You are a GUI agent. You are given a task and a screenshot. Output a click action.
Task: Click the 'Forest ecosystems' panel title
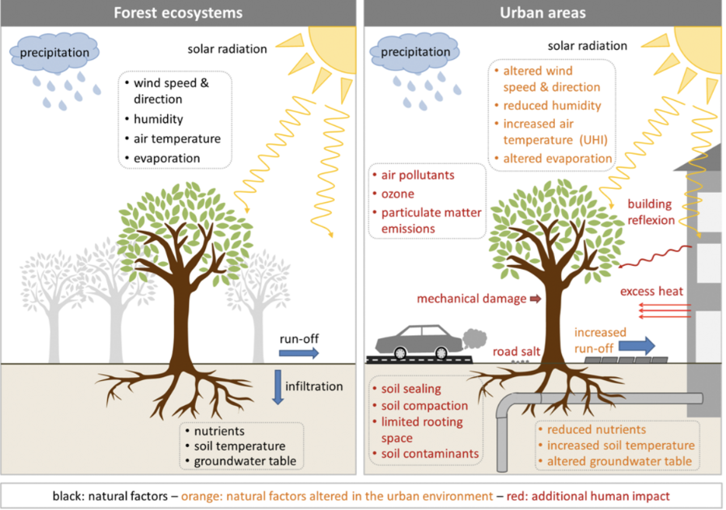click(178, 13)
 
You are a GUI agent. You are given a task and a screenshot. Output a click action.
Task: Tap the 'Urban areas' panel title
click(543, 13)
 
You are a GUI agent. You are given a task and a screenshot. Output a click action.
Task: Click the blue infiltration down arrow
click(277, 387)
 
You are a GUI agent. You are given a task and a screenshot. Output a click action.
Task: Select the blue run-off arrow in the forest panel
click(299, 354)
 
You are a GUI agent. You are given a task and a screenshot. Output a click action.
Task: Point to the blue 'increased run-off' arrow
click(637, 345)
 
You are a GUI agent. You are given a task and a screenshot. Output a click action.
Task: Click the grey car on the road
click(419, 342)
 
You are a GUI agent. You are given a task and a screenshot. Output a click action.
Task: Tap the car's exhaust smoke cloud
click(475, 338)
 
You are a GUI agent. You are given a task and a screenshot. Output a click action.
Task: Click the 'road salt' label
click(516, 351)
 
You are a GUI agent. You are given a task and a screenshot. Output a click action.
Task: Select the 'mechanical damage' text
click(471, 299)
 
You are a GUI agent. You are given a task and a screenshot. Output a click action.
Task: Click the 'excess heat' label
click(651, 291)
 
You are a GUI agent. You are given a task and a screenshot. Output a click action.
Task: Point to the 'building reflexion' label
click(651, 211)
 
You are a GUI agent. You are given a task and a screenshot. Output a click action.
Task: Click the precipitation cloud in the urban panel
click(415, 52)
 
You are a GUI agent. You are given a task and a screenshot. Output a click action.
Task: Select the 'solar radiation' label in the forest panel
click(227, 49)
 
